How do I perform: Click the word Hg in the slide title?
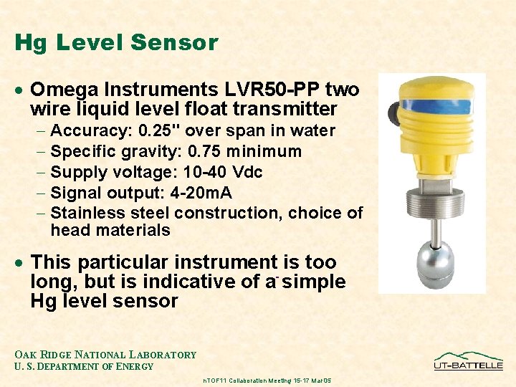click(28, 43)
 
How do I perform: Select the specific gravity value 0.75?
click(211, 152)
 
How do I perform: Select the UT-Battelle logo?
click(468, 360)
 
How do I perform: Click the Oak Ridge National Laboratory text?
click(105, 355)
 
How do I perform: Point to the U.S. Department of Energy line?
click(85, 367)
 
